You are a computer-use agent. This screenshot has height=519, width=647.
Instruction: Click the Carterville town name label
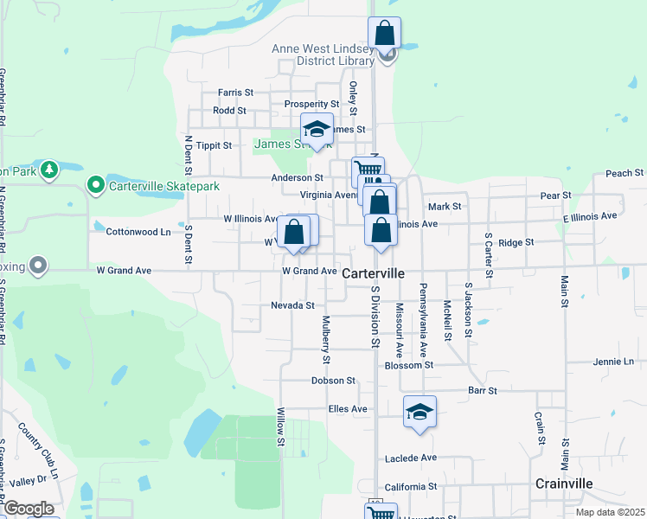click(x=374, y=272)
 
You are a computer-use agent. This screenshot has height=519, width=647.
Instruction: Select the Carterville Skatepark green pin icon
click(x=96, y=185)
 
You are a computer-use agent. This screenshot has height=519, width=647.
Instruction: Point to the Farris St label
click(x=235, y=92)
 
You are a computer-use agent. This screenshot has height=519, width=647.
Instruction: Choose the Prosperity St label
click(x=311, y=104)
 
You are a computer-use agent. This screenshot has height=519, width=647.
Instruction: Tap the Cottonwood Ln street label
click(x=138, y=232)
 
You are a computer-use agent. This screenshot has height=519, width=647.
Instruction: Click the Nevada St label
click(x=292, y=305)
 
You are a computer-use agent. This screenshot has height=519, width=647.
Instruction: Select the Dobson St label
click(x=334, y=380)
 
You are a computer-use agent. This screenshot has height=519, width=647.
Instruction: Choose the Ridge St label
click(x=516, y=243)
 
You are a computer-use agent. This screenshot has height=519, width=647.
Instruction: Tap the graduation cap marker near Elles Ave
click(x=420, y=412)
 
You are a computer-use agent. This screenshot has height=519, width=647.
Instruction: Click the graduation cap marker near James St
click(x=317, y=130)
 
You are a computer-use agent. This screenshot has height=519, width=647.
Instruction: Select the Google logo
click(x=29, y=509)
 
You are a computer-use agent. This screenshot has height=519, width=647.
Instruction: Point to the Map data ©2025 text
click(x=609, y=512)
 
